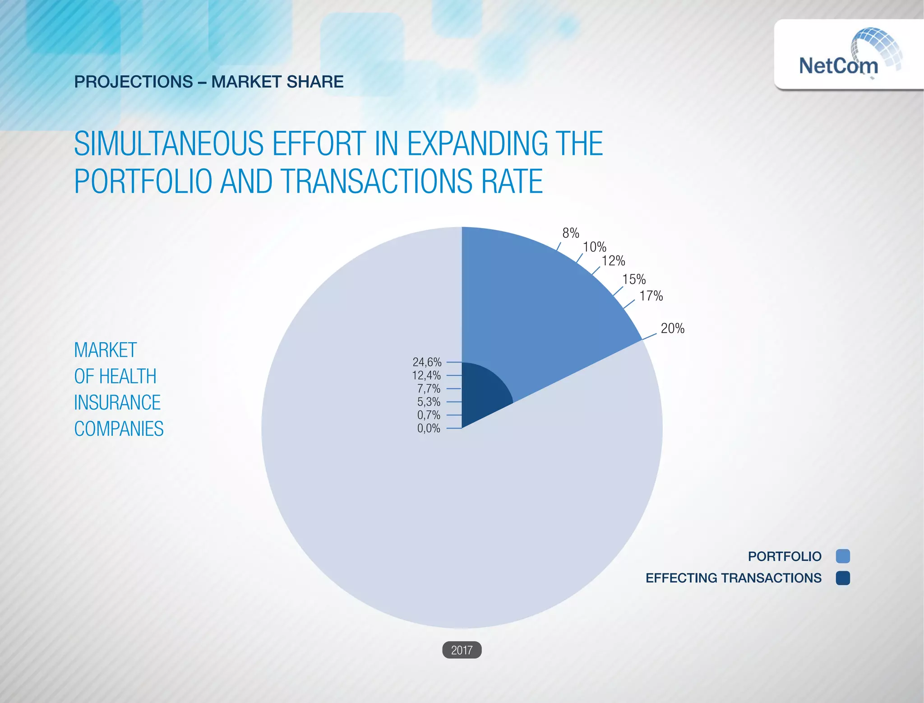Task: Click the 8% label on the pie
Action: (x=570, y=233)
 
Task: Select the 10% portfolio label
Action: (x=594, y=247)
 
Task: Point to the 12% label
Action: (x=613, y=261)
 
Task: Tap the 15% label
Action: (x=634, y=279)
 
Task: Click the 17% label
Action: (x=651, y=296)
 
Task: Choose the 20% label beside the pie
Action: (x=672, y=328)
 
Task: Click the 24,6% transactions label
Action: (x=427, y=362)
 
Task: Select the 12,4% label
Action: (x=426, y=375)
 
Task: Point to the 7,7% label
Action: (x=429, y=389)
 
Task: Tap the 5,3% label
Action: (x=429, y=402)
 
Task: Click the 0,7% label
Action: (x=429, y=415)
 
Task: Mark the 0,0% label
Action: (x=429, y=428)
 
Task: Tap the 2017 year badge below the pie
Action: (x=462, y=650)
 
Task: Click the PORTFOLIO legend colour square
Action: (x=842, y=556)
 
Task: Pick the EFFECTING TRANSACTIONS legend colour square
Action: (x=842, y=578)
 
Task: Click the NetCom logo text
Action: (x=838, y=66)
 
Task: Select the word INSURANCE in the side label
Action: (x=117, y=403)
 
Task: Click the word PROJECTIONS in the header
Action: (x=134, y=82)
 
